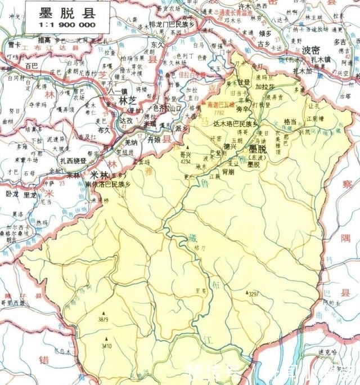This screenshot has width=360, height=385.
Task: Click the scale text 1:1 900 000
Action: click(67, 25)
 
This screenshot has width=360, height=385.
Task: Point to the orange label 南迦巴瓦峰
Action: click(222, 105)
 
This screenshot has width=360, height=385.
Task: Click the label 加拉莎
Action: click(264, 88)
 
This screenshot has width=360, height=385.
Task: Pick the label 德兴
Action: click(230, 146)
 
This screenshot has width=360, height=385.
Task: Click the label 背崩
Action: click(228, 174)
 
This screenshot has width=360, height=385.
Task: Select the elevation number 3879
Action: click(103, 319)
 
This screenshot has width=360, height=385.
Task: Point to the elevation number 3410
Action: click(106, 345)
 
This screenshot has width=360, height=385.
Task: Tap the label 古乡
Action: click(264, 43)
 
